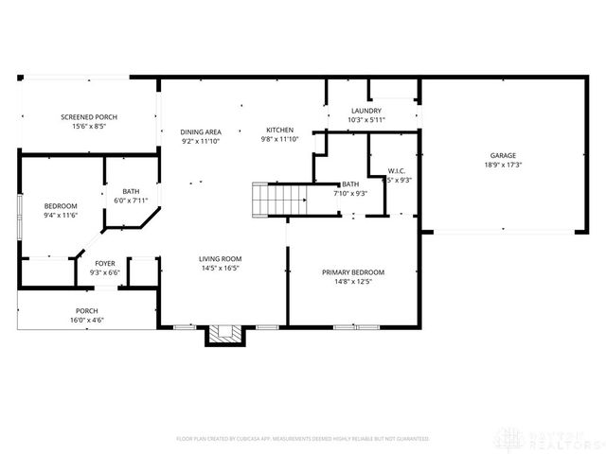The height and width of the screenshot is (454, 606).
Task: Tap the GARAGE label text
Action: click(x=503, y=155)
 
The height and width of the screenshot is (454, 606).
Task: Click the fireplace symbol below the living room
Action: click(x=224, y=333)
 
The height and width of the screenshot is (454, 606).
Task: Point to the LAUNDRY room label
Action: click(x=365, y=112)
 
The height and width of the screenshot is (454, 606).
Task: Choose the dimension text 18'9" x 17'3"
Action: click(x=503, y=165)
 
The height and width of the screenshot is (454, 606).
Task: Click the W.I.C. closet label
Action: click(x=398, y=171)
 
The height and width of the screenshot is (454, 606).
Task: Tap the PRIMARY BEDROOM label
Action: click(x=352, y=272)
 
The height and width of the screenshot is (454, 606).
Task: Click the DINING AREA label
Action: click(x=201, y=131)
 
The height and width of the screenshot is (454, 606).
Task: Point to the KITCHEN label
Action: click(x=279, y=131)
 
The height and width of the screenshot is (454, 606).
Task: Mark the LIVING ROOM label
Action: click(x=221, y=258)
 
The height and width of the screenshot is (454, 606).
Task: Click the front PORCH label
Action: click(x=87, y=311)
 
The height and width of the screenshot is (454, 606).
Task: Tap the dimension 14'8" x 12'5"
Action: click(x=352, y=282)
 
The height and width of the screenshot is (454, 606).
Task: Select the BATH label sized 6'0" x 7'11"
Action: click(x=131, y=190)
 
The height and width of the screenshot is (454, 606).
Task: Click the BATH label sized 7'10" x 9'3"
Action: click(x=350, y=183)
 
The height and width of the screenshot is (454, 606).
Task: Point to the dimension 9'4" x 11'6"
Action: click(x=61, y=215)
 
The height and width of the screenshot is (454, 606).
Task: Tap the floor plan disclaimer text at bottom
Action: click(x=303, y=439)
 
